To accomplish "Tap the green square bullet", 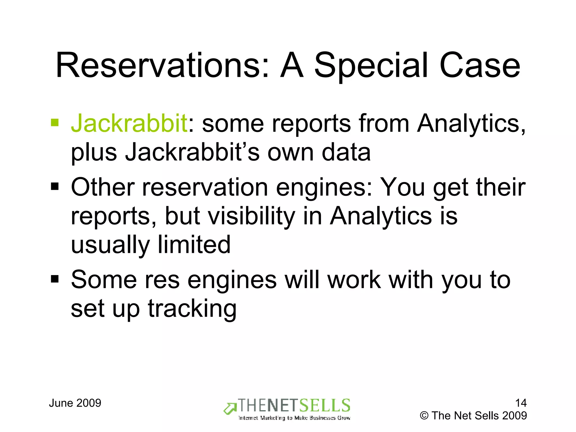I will click(55, 123).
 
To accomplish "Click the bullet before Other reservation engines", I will click(55, 186).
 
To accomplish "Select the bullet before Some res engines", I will click(55, 279).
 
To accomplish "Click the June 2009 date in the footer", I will click(75, 403).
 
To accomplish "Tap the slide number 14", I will click(521, 403).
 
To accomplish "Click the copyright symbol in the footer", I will click(424, 416).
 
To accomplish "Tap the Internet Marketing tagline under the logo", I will click(294, 418).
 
